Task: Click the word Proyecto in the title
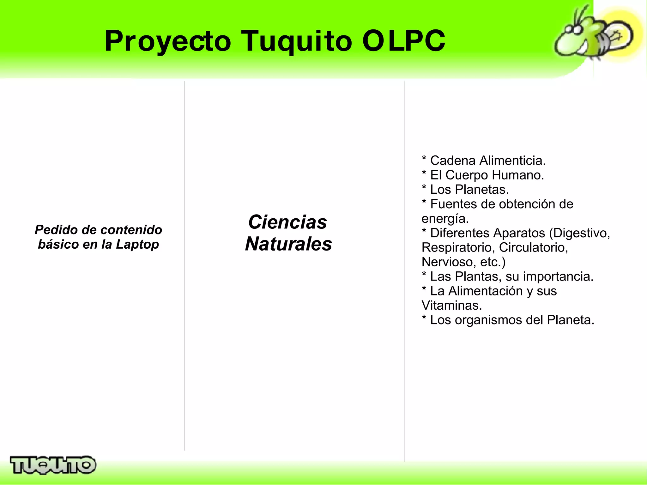[x=168, y=41]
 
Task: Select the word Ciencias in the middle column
[x=287, y=222]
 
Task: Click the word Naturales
[x=288, y=244]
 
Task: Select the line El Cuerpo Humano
[x=487, y=175]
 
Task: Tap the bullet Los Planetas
[x=469, y=190]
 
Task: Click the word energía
[x=445, y=219]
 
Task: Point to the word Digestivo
[x=581, y=233]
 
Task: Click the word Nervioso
[x=447, y=262]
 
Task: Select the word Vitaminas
[x=451, y=306]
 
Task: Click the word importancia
[x=558, y=276]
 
